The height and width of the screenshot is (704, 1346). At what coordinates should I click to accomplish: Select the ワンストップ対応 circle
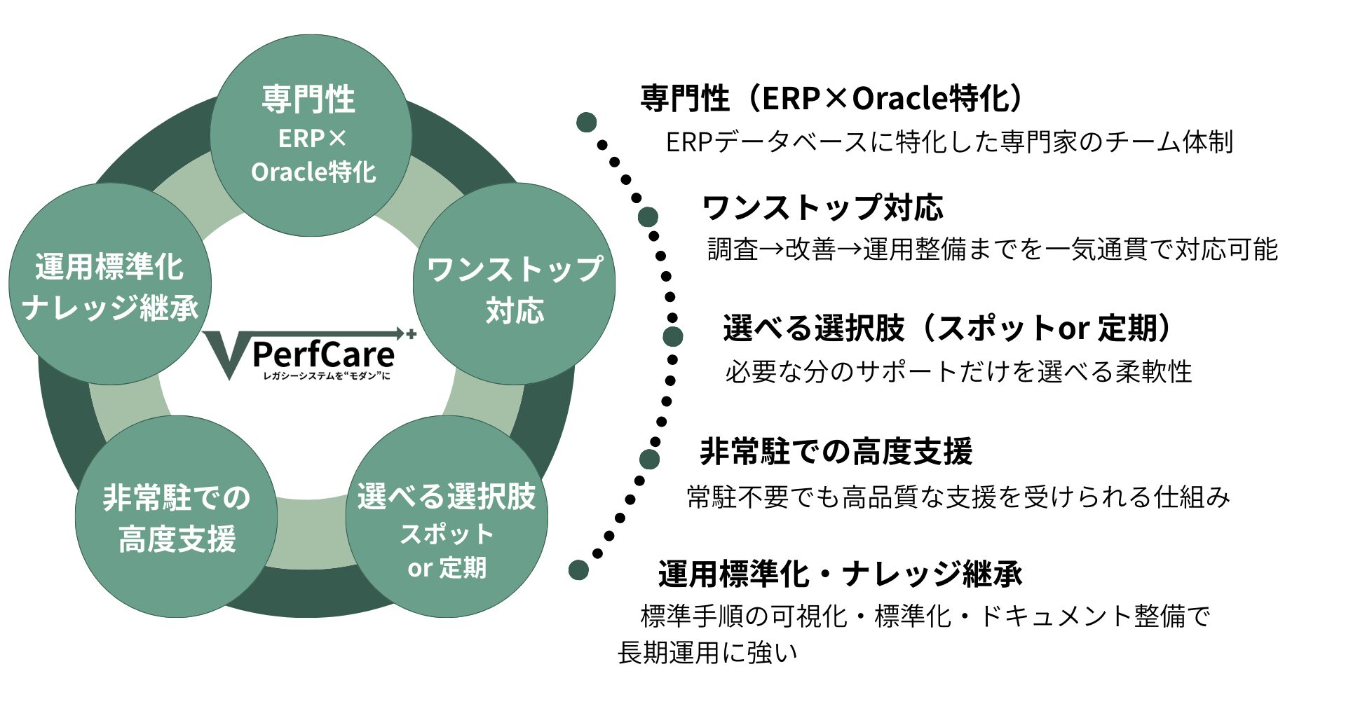(x=514, y=284)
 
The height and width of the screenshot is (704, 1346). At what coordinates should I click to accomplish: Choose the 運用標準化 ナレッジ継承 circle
(x=110, y=284)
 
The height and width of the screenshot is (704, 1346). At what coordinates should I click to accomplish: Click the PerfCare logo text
(x=323, y=354)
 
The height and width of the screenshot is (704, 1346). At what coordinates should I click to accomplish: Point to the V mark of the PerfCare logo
(x=226, y=354)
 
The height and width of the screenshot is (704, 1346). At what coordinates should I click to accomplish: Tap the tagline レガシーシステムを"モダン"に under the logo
(x=326, y=376)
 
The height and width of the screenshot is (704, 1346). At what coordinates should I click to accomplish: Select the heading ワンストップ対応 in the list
(x=822, y=208)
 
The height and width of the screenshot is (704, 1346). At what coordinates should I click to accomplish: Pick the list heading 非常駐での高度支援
(x=836, y=451)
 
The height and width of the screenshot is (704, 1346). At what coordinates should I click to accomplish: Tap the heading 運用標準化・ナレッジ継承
(x=840, y=574)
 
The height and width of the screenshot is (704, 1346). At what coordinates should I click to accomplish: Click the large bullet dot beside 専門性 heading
(x=586, y=123)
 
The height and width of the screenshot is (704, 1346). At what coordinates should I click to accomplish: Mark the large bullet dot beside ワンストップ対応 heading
(x=648, y=216)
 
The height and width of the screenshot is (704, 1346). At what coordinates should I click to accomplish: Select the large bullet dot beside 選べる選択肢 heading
(x=673, y=336)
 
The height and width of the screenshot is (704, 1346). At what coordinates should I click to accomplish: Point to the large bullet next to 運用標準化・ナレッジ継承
(x=578, y=570)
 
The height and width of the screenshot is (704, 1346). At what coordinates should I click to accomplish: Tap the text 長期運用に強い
(x=707, y=653)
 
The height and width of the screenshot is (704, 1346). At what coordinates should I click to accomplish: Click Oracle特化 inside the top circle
(x=313, y=172)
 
